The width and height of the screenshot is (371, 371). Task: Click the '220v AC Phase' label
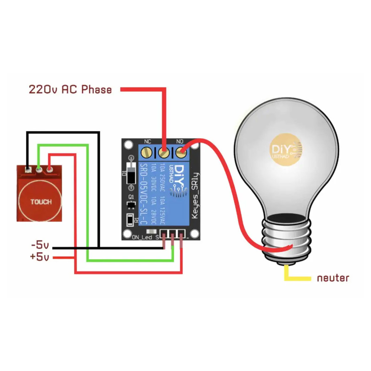(70, 89)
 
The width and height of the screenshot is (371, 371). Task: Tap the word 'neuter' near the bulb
(333, 278)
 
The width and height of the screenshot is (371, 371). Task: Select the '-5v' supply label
(40, 245)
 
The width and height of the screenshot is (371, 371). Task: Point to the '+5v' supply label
(40, 256)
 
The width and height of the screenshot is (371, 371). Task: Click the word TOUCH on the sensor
(41, 202)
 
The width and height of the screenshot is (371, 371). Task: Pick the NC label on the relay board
(148, 141)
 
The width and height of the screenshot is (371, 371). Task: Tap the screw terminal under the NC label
(148, 152)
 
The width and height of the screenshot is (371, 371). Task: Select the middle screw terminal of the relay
(163, 152)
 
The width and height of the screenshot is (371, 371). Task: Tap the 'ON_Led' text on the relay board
(142, 238)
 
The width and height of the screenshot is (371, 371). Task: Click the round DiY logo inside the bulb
(286, 149)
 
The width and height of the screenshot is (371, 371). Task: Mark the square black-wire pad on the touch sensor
(28, 170)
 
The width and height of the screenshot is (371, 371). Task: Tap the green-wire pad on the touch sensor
(38, 170)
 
